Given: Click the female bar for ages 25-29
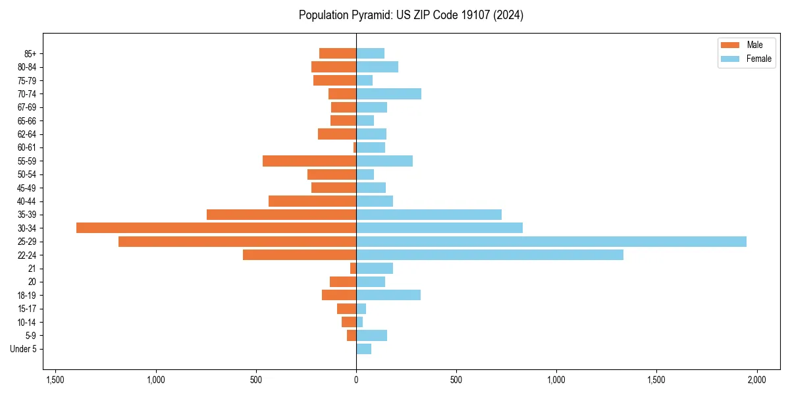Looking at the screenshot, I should (551, 242).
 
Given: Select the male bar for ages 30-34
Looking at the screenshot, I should (216, 228).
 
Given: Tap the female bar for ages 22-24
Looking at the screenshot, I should (489, 255).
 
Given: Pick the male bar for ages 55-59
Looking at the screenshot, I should (309, 161).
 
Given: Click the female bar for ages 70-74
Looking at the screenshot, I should (388, 93).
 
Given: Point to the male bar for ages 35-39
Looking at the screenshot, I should (281, 215).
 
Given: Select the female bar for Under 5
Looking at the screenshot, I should (363, 349).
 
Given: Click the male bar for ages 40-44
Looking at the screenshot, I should (312, 201).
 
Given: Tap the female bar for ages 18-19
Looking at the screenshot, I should (388, 295).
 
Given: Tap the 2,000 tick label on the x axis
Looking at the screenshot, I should (756, 380).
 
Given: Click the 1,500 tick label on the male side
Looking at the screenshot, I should (55, 380).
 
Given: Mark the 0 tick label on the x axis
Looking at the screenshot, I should (356, 380).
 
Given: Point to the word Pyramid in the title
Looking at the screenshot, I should (373, 15).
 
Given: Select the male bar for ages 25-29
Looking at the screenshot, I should (237, 242).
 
